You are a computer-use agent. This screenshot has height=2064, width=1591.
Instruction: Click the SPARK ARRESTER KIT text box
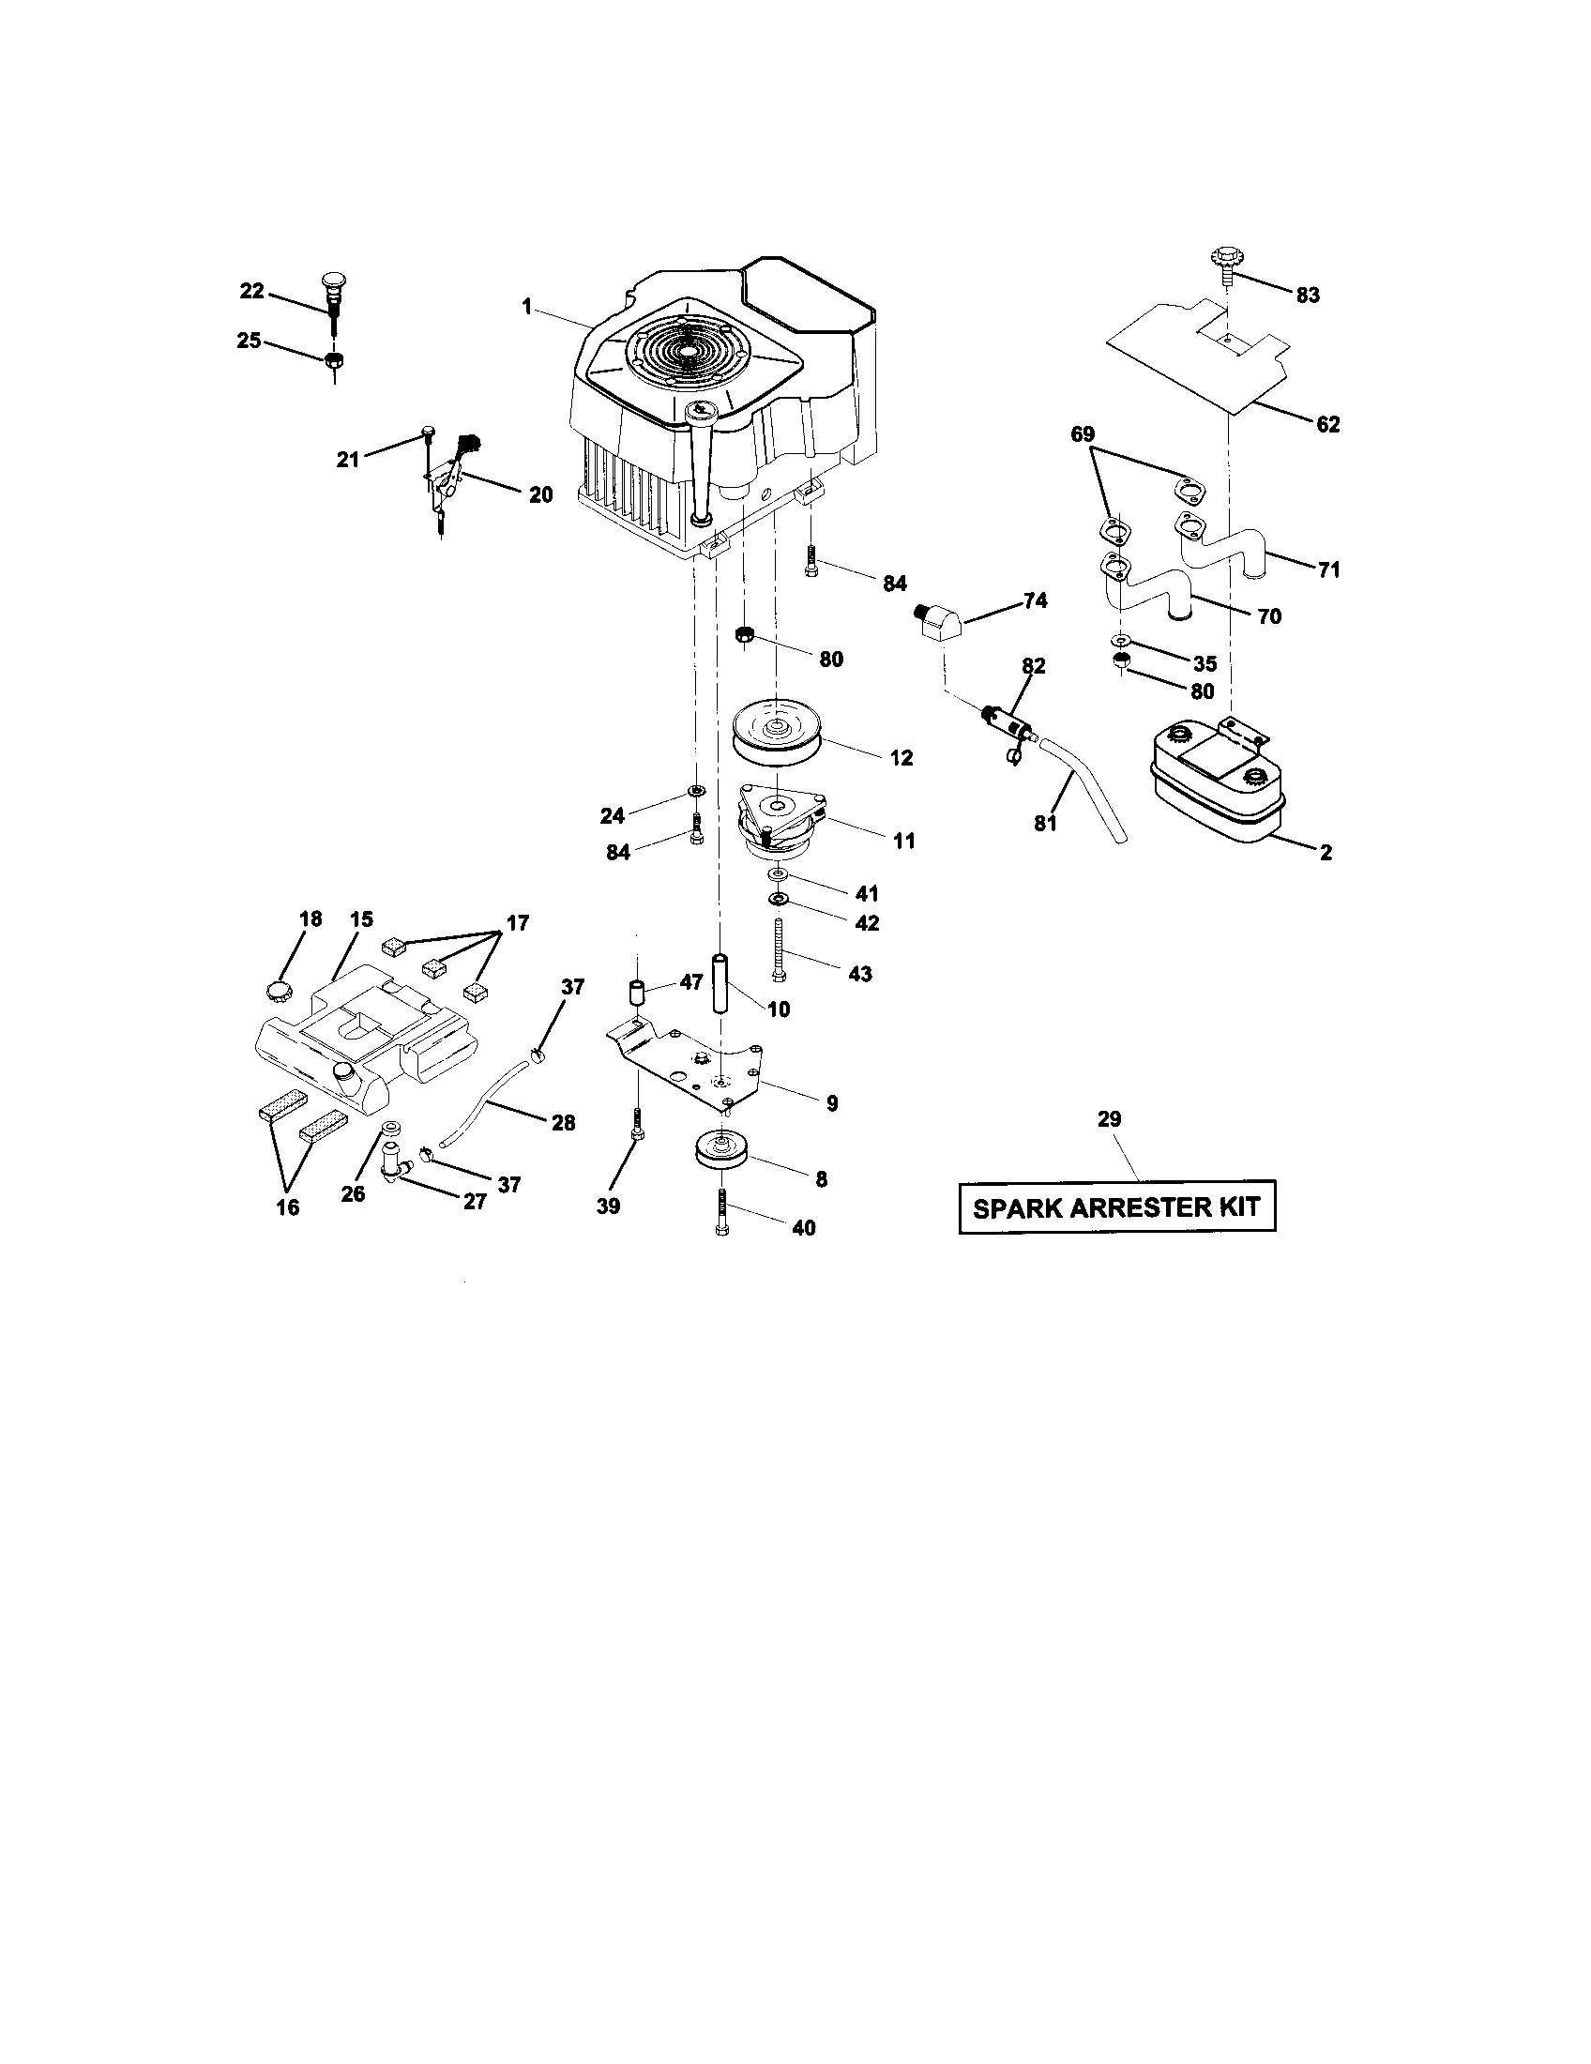[1116, 1207]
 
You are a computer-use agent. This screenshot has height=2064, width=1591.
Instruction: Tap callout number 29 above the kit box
[1109, 1119]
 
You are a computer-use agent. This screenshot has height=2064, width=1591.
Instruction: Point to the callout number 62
[1327, 424]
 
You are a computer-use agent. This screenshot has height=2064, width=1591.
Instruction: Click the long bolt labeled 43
[777, 949]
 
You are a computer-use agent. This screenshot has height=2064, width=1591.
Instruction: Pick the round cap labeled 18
[278, 991]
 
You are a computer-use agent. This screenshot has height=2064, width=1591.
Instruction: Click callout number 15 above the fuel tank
[361, 918]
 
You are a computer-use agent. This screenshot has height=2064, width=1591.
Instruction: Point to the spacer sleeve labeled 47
[637, 994]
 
